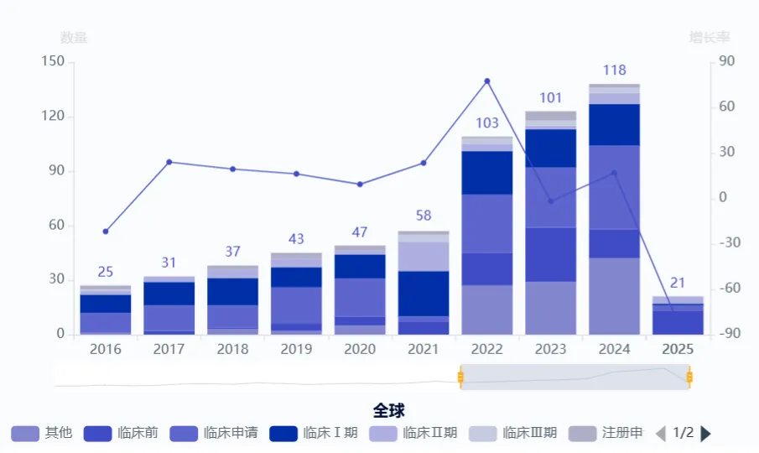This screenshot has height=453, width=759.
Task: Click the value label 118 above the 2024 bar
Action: point(614,70)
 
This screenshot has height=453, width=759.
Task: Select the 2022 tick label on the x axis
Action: point(486,349)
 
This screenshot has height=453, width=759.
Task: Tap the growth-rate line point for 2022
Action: point(487,81)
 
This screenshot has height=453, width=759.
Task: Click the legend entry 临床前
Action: point(121,433)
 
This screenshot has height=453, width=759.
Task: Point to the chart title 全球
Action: point(389,410)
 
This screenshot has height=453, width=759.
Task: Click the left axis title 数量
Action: point(74,38)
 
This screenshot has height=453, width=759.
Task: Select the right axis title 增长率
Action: point(710,38)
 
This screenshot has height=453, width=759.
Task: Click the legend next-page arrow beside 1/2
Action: point(705,434)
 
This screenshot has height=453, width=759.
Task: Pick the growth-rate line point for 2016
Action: point(106,232)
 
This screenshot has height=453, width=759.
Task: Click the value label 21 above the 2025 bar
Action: point(678,283)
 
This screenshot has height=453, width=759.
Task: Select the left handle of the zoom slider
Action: point(460,377)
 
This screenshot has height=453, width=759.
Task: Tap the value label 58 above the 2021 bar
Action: point(424,216)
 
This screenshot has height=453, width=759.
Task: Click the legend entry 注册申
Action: point(606,433)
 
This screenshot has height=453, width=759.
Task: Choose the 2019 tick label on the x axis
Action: point(296,349)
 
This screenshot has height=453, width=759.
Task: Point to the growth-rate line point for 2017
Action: point(169,162)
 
